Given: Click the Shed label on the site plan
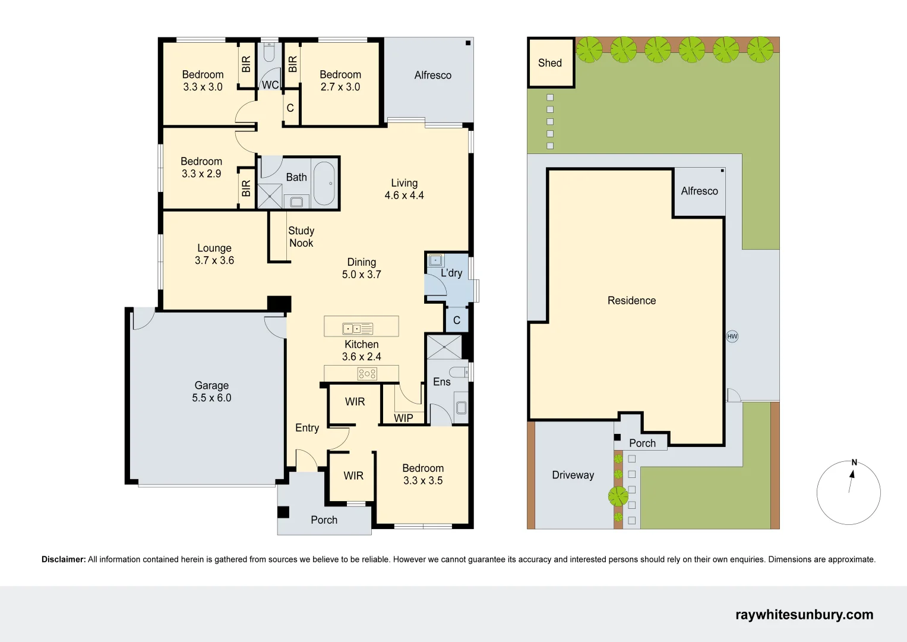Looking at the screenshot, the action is pyautogui.click(x=550, y=63).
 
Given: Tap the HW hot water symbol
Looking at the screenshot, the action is pyautogui.click(x=732, y=336).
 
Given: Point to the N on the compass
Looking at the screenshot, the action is pyautogui.click(x=854, y=462).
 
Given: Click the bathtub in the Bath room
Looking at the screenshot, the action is pyautogui.click(x=324, y=183).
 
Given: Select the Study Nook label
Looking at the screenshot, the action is pyautogui.click(x=301, y=237).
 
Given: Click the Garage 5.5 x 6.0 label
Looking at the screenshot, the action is pyautogui.click(x=212, y=392).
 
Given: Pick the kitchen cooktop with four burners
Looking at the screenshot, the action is pyautogui.click(x=367, y=374).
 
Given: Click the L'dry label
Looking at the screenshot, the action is pyautogui.click(x=451, y=273).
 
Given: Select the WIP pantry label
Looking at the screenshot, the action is pyautogui.click(x=403, y=418).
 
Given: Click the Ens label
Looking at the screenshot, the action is pyautogui.click(x=442, y=382).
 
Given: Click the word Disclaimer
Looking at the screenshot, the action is pyautogui.click(x=64, y=559).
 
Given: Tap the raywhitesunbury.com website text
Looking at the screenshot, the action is pyautogui.click(x=805, y=615).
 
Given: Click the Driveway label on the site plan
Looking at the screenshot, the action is pyautogui.click(x=573, y=475).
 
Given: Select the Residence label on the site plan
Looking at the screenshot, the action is pyautogui.click(x=631, y=300).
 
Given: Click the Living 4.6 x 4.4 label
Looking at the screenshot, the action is pyautogui.click(x=404, y=189).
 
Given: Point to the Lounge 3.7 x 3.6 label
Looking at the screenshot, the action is pyautogui.click(x=214, y=254).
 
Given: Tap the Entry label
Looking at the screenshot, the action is pyautogui.click(x=307, y=428).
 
